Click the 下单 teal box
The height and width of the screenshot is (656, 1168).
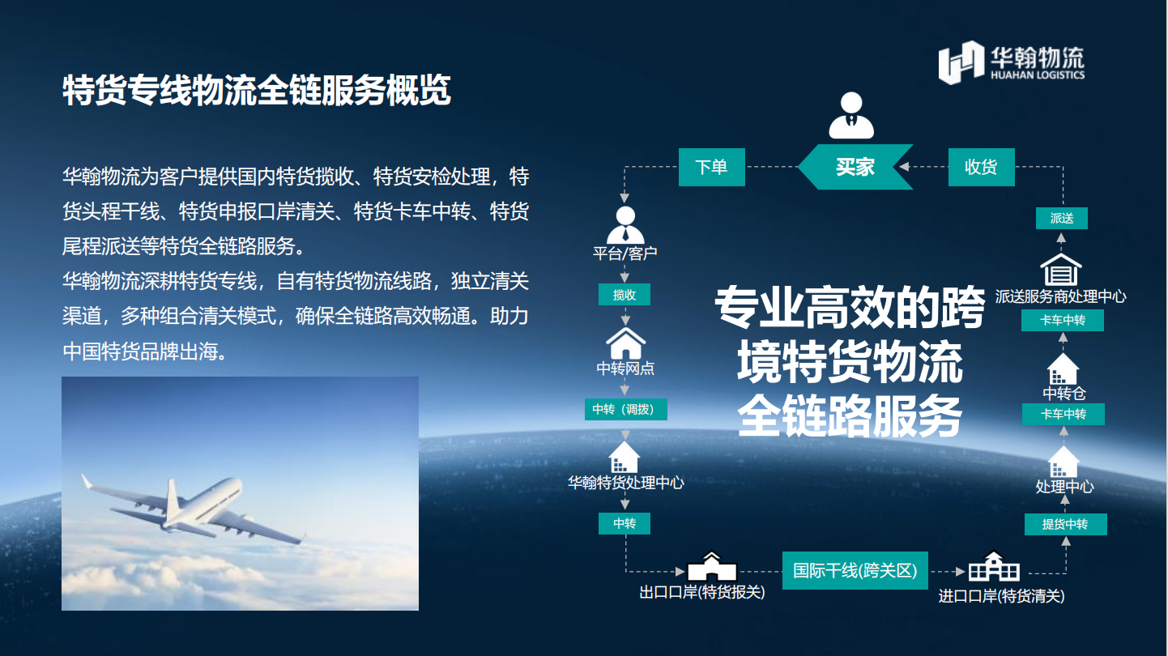point(711,167)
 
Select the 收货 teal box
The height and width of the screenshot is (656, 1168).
point(982,167)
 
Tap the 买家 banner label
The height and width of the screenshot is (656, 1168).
point(855,167)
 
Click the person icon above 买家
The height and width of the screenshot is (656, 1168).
point(851,115)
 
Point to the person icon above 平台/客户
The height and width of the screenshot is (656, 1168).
point(625,225)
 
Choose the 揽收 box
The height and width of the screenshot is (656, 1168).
point(624,295)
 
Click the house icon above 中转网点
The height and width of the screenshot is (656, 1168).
point(625,343)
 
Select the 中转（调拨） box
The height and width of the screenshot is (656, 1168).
point(625,409)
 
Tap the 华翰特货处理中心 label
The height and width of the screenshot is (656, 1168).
point(625,483)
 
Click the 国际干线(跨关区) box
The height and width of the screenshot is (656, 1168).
point(855,570)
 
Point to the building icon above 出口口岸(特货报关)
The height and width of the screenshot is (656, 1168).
point(712,566)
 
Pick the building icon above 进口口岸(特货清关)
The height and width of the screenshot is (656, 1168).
point(994,566)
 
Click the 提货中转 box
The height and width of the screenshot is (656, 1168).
point(1065,524)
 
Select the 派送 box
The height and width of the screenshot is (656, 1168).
point(1062,218)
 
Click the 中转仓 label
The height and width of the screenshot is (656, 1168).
point(1064,393)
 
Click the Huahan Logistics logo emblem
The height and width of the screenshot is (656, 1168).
point(961,62)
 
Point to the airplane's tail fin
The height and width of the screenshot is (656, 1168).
point(172,498)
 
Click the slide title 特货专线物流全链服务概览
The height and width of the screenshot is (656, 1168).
point(257,90)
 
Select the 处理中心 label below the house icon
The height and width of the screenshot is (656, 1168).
point(1064,487)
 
